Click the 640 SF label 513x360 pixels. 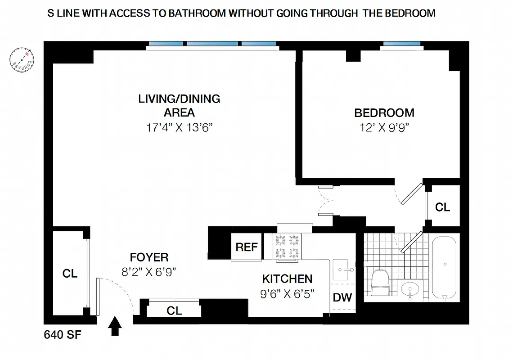[63, 335]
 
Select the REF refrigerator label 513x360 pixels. [247, 247]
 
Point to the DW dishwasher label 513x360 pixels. [342, 297]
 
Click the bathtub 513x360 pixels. [444, 268]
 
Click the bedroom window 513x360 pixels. [402, 44]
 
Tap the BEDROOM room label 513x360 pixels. [384, 112]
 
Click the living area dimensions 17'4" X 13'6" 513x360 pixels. [179, 127]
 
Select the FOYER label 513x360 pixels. [149, 257]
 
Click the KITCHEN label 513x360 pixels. [287, 279]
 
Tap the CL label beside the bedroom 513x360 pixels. [442, 207]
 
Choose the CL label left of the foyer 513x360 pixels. [70, 273]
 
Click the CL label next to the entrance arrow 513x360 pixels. [174, 310]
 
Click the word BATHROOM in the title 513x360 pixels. [197, 13]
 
